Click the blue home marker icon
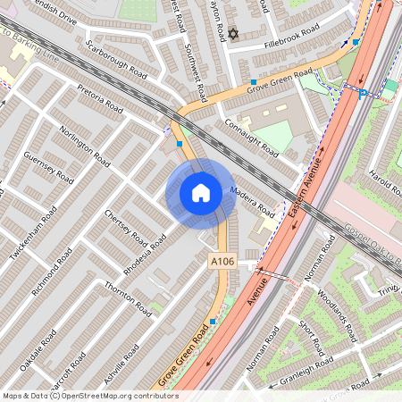coord(201,193)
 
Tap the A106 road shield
coord(223,261)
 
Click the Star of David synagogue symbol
coord(234,34)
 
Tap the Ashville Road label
coord(121,367)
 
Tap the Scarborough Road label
coord(111,58)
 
